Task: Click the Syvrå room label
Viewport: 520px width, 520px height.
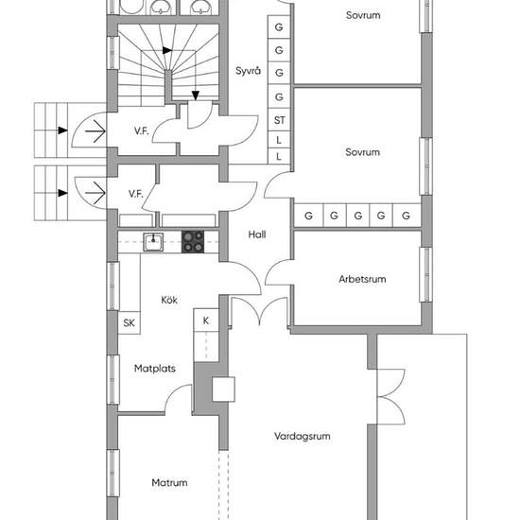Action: [x=248, y=71]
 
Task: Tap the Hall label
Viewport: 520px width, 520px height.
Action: [x=257, y=234]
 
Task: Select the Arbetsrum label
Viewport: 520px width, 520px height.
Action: [x=362, y=279]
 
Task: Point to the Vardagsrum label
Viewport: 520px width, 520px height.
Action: [x=303, y=436]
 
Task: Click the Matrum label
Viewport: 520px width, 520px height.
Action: [x=169, y=482]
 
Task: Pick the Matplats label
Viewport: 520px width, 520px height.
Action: [x=155, y=369]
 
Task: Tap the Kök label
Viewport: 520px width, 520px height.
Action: [x=169, y=300]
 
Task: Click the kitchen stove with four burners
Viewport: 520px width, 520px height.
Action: [x=193, y=242]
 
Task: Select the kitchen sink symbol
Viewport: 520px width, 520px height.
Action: [x=153, y=242]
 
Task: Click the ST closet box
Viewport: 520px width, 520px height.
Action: [x=279, y=120]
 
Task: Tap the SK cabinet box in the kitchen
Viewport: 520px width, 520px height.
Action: [x=129, y=322]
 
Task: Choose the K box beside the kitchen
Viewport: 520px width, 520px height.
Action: [x=206, y=321]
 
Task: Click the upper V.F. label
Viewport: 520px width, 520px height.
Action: [x=142, y=131]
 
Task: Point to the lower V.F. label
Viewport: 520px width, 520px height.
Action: [x=136, y=194]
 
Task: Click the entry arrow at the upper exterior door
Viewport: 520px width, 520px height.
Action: [x=95, y=131]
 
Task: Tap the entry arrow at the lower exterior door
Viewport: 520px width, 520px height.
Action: [x=95, y=193]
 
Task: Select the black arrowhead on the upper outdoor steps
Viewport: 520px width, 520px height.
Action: [x=63, y=130]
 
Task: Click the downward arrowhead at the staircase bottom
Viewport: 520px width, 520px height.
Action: [x=196, y=95]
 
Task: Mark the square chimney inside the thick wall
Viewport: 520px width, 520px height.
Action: [x=223, y=390]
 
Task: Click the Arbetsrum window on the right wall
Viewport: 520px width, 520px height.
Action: [x=425, y=274]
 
